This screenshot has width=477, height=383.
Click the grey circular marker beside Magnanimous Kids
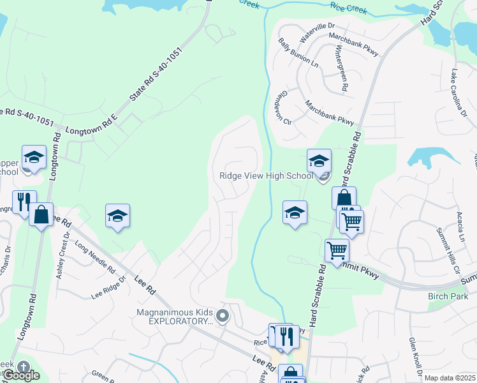coord(223,316)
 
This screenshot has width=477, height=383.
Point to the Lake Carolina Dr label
coord(459,93)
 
